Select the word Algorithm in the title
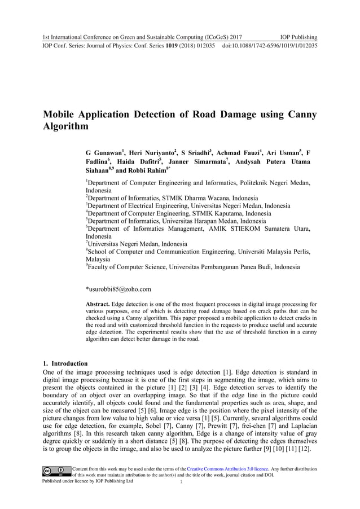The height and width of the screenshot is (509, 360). coord(66,127)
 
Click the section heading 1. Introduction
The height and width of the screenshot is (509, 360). coord(65,363)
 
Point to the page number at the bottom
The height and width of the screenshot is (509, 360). coord(180,482)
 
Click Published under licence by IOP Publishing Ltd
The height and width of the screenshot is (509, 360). coord(88,482)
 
